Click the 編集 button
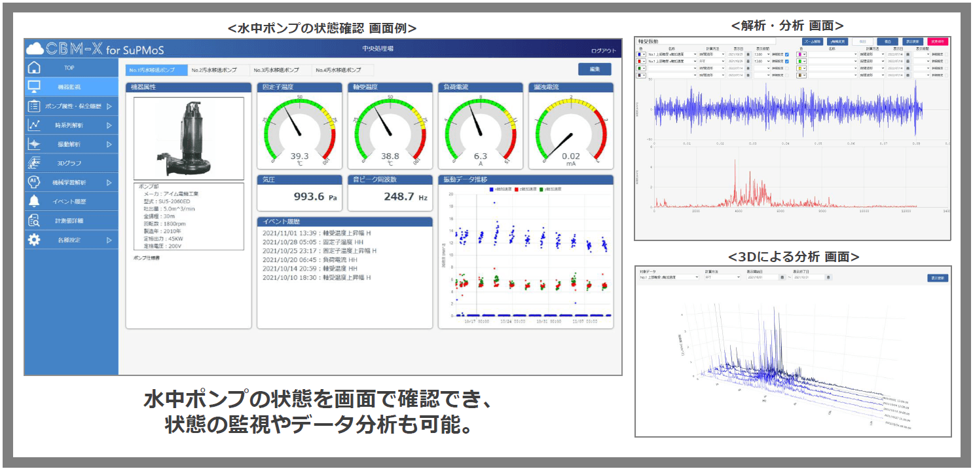[x=595, y=69]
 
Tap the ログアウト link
[x=603, y=50]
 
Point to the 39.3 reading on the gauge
[x=299, y=156]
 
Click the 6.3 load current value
[x=481, y=156]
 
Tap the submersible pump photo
[x=188, y=139]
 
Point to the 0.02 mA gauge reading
[x=570, y=156]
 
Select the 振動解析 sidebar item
[x=69, y=144]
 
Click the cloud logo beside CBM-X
[x=35, y=49]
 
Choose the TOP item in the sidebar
[x=69, y=67]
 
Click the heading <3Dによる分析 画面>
[x=793, y=256]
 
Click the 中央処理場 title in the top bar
[x=377, y=49]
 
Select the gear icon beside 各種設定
[x=35, y=240]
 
